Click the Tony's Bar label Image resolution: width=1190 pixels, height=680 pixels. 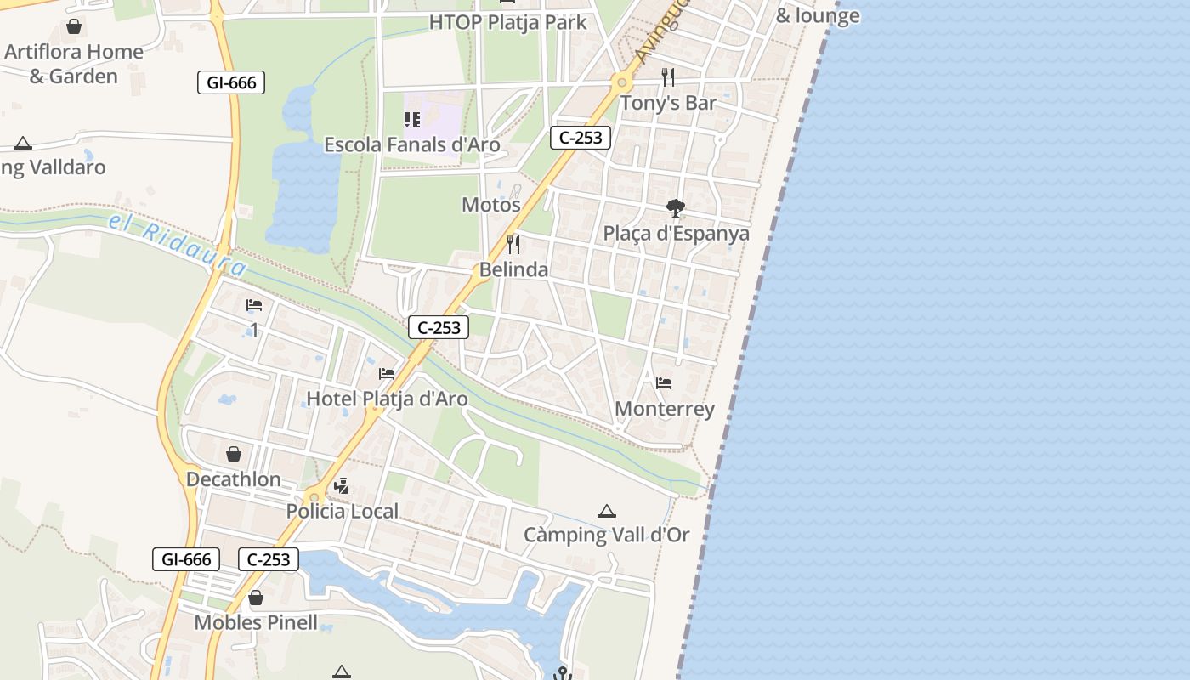pos(668,103)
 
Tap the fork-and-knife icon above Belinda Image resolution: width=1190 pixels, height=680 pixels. pos(513,245)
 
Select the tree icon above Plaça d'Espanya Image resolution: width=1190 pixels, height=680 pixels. pos(676,208)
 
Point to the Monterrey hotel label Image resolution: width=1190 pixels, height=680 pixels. pos(664,409)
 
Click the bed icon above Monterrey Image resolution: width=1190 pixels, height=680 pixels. pos(664,383)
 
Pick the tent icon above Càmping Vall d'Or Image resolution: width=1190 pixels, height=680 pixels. pos(606,511)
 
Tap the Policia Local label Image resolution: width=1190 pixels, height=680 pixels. pos(342,512)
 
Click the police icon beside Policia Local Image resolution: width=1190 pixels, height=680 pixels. pos(341,486)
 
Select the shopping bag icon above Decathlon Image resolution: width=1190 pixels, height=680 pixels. pos(234,454)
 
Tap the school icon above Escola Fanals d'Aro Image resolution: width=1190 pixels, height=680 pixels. pos(412,120)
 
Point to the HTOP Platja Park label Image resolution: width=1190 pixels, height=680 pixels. pos(507,22)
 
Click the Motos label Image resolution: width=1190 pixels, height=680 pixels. pos(490,205)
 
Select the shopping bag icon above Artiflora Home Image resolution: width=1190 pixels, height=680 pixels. pos(74,26)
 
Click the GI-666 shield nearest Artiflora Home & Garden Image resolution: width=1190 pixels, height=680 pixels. pos(231,82)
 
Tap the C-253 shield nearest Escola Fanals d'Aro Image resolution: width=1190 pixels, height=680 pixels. pos(581,138)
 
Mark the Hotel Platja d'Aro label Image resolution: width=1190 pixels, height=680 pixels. pos(387,399)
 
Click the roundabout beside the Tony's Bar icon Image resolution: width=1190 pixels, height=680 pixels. pos(622,82)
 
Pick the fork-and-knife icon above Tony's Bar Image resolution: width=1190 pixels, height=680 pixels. pos(668,77)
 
